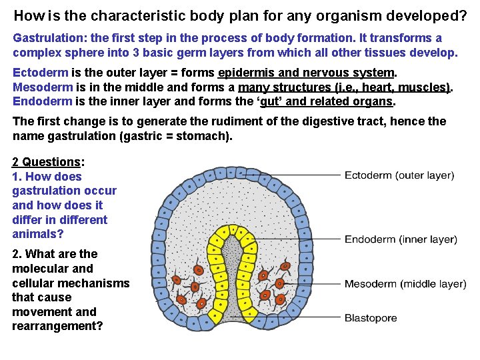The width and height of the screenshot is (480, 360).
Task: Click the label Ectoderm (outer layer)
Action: click(x=399, y=176)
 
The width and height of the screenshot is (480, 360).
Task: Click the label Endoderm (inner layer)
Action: click(x=400, y=239)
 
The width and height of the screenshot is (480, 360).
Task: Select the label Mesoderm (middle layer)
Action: click(x=405, y=284)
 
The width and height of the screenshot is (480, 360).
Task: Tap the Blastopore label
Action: click(x=370, y=318)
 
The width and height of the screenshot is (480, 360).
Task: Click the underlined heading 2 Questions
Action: click(x=46, y=162)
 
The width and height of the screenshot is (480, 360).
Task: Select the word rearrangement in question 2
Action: click(x=57, y=327)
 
